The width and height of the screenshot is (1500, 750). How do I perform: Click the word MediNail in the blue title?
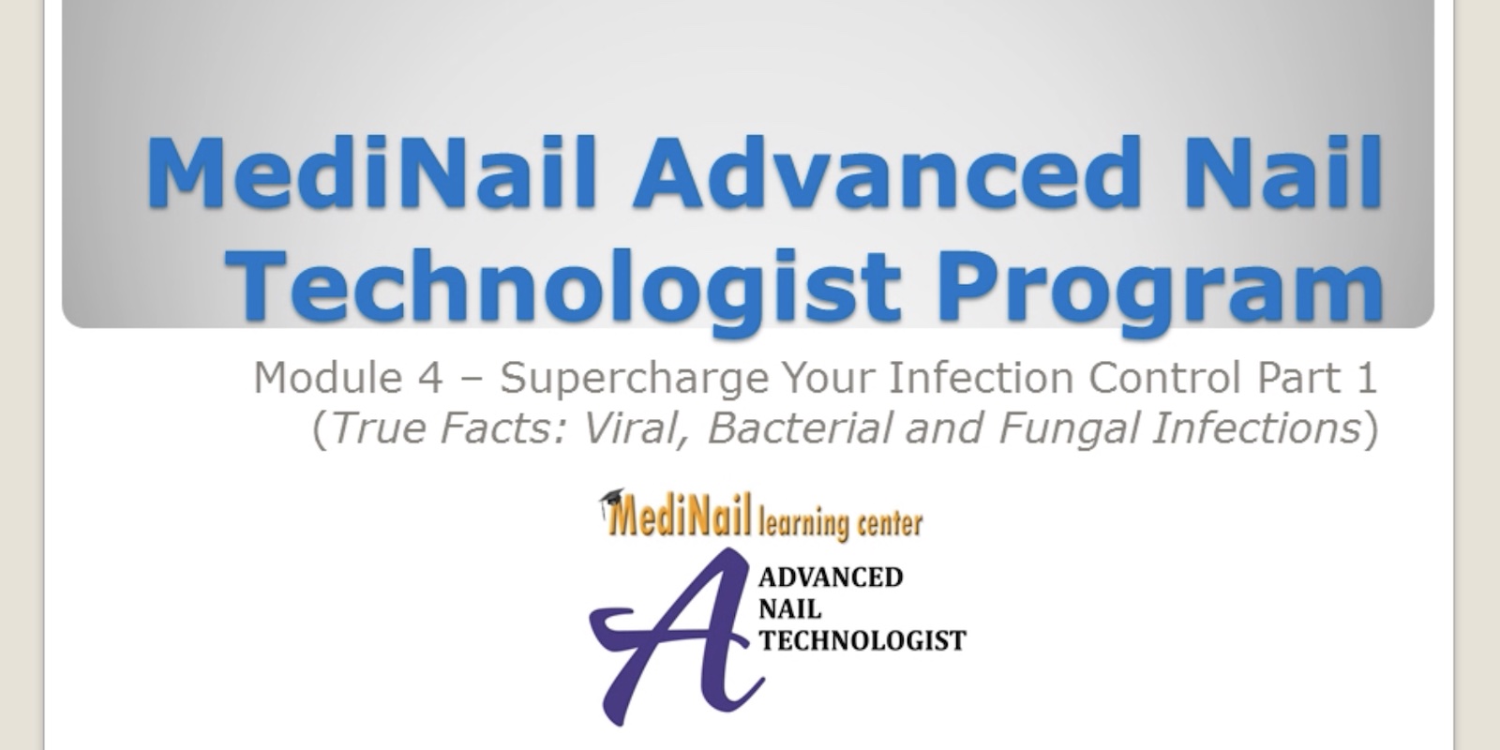(370, 172)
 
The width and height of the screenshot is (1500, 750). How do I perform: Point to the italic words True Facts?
(449, 427)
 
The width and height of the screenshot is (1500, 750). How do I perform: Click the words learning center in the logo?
(841, 522)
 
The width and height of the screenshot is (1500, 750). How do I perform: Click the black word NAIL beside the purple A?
(790, 609)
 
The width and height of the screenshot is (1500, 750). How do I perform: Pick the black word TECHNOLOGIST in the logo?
(862, 641)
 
